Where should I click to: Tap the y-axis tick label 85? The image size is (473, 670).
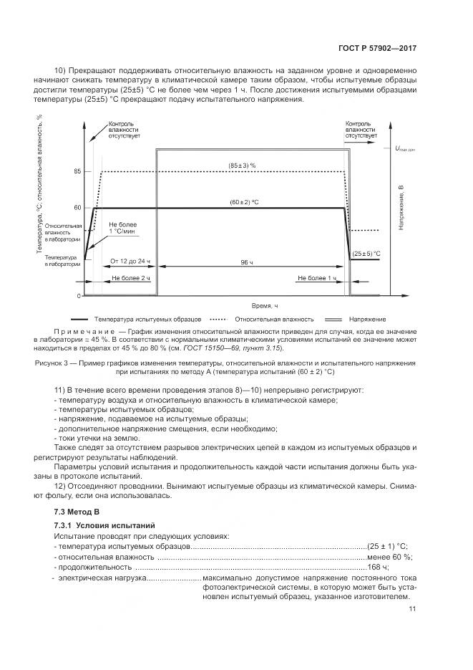click(x=77, y=172)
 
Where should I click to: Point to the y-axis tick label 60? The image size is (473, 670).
click(x=77, y=208)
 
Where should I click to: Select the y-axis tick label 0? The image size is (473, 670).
click(x=79, y=295)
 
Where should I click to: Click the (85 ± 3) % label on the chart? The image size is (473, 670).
click(x=243, y=166)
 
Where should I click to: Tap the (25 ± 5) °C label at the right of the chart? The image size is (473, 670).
click(x=367, y=254)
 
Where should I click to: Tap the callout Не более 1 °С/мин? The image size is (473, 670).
click(x=122, y=228)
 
